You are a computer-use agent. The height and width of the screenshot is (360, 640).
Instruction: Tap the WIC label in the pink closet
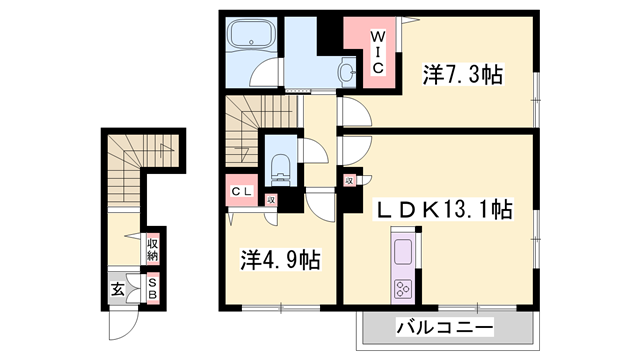point(380,49)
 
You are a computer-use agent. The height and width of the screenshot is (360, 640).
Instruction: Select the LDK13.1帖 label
point(443,210)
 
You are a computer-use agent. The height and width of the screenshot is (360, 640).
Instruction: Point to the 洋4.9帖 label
point(280,261)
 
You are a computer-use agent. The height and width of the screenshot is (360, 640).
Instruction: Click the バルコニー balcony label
point(445,327)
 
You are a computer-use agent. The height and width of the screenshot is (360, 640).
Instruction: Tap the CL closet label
point(243,191)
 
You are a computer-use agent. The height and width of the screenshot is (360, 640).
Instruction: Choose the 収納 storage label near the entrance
point(153,248)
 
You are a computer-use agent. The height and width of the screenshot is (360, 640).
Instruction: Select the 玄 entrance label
point(117,291)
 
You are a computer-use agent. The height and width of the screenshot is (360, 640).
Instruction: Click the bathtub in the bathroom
point(251,40)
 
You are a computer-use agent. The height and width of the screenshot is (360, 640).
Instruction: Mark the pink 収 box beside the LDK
point(350,181)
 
